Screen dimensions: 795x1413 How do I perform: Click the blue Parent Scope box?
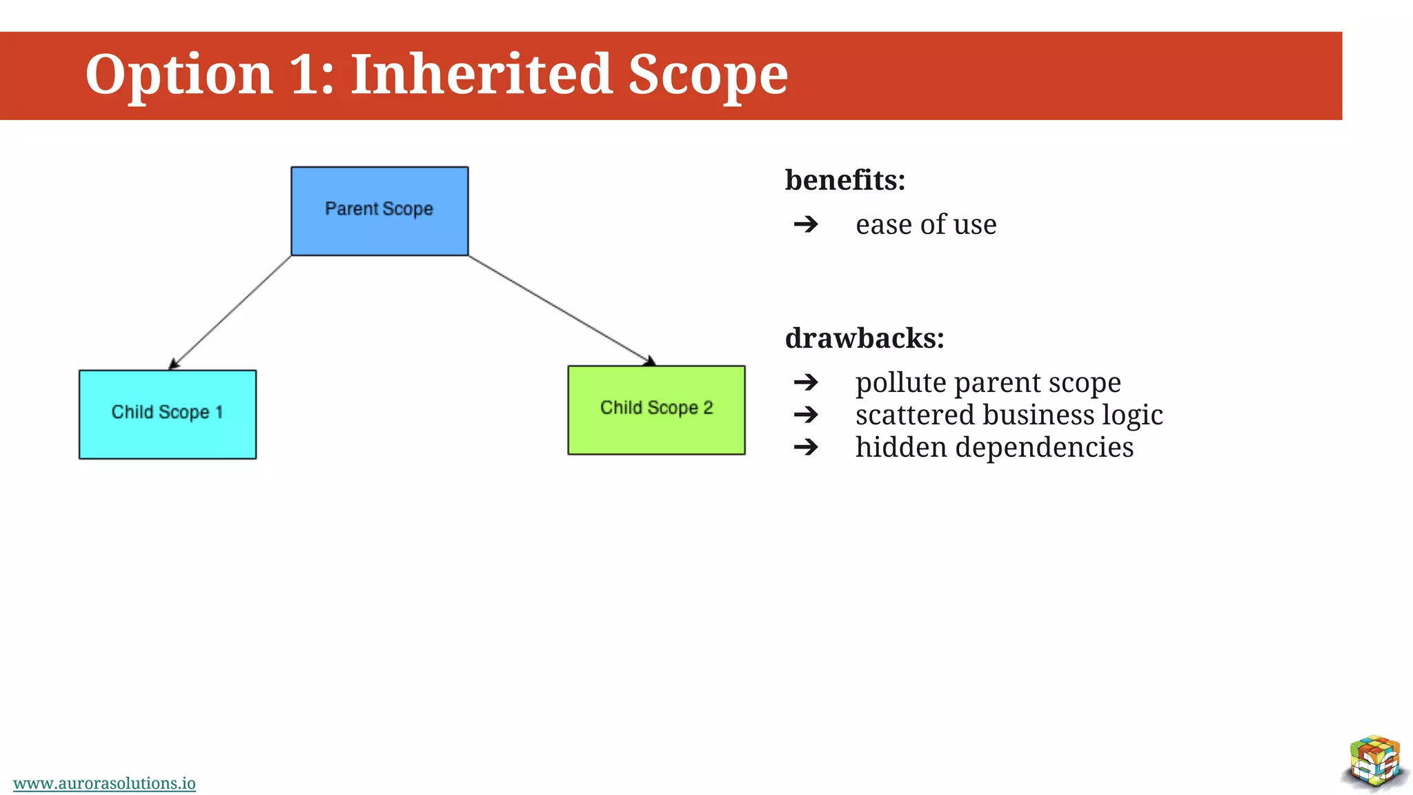point(379,211)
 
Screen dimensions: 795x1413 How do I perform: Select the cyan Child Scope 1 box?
point(168,414)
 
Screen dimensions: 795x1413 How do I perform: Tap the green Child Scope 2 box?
point(656,410)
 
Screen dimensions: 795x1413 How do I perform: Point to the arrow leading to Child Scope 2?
point(560,310)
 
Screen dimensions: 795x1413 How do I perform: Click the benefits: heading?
point(844,180)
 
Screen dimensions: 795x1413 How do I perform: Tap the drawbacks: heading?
point(864,338)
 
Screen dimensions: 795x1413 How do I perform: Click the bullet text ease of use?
point(926,225)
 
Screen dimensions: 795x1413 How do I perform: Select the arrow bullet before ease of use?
point(806,224)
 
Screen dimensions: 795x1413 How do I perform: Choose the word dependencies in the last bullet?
point(1044,448)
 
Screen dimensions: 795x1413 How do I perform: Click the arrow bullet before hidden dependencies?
point(806,447)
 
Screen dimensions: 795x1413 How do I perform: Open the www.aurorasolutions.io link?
point(104,783)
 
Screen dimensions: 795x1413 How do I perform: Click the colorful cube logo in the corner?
point(1374,762)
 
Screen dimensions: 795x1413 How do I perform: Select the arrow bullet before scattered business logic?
point(806,415)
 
